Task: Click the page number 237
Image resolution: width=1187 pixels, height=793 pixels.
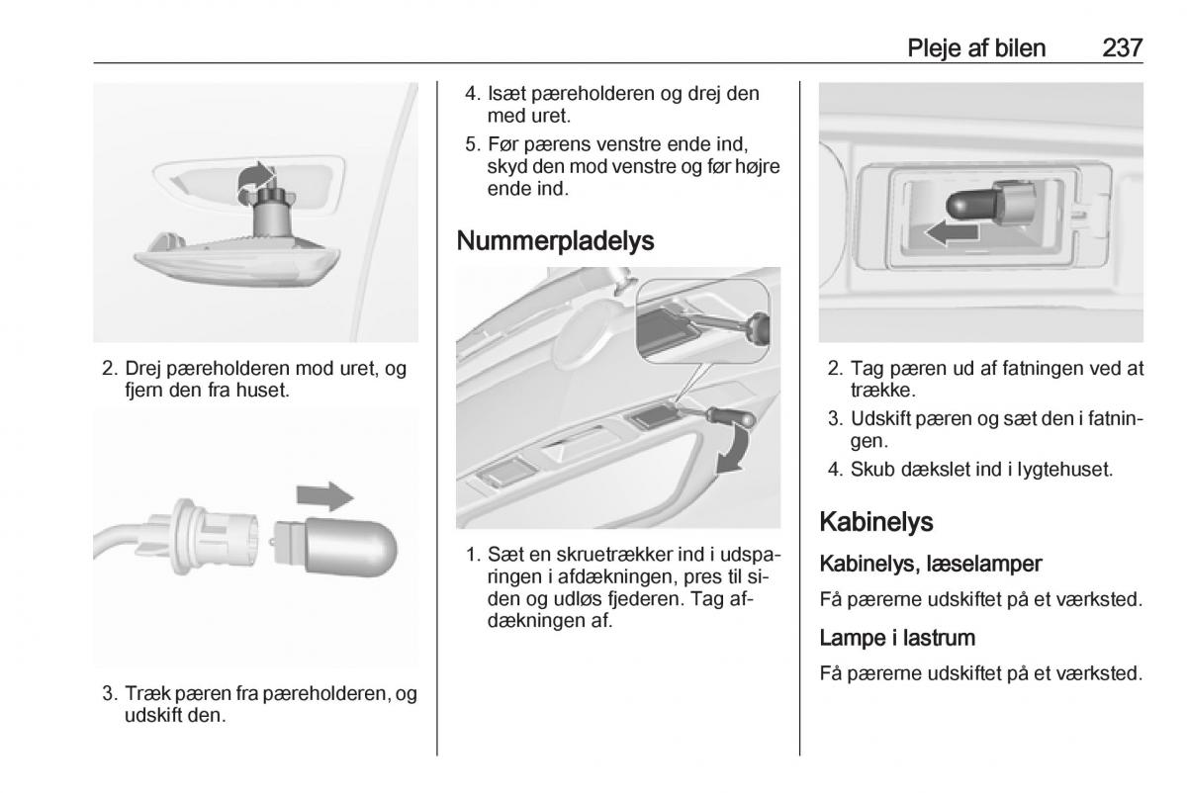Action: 1122,48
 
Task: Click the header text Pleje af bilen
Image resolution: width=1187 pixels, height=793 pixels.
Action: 976,48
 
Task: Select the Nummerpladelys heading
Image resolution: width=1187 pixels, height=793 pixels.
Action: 555,240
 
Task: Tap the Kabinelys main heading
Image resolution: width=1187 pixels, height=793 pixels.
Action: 876,522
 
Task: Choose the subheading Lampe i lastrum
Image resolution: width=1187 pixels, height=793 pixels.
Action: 897,638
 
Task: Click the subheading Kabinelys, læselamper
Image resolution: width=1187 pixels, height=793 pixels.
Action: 931,564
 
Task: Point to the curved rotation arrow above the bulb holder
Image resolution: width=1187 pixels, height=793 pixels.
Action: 255,179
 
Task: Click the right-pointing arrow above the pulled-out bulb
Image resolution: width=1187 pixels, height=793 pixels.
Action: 324,496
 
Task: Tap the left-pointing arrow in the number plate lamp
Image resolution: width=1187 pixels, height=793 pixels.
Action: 952,233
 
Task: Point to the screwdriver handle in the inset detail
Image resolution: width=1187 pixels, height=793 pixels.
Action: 758,327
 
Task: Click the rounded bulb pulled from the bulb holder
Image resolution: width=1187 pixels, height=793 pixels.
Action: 336,547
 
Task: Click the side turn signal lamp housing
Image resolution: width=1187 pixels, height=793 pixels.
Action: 237,260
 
